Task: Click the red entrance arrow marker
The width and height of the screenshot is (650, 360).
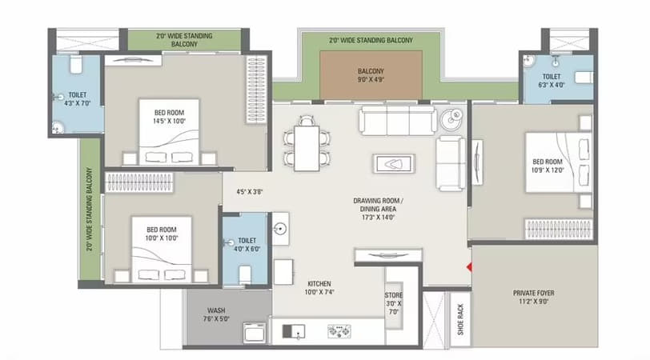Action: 469,267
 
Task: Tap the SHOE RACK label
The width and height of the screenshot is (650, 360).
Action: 460,319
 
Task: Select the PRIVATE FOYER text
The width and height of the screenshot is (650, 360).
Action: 533,293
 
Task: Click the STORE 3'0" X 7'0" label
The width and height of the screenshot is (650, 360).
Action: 393,303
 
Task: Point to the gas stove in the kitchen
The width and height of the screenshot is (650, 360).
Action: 339,331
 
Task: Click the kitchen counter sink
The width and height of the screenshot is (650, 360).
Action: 294,331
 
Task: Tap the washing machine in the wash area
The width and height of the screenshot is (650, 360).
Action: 254,333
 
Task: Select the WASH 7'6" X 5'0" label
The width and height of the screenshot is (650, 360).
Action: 216,314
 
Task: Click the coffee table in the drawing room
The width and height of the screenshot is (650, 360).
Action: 394,164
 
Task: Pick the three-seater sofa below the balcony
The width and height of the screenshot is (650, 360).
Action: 398,121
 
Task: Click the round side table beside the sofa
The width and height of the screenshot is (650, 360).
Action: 451,119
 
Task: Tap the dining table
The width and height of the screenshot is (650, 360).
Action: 307,148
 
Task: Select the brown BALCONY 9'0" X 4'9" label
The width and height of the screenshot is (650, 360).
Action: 371,75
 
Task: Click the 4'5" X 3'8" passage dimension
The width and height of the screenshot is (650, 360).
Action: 250,192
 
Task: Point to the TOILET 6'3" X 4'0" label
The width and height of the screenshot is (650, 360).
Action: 552,81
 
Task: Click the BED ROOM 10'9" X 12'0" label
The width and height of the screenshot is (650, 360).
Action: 548,166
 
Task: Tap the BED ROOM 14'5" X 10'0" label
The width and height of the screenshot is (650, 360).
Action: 169,117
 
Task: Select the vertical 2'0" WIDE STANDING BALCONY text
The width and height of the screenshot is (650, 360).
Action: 90,209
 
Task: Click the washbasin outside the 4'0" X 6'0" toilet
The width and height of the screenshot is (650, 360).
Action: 281,228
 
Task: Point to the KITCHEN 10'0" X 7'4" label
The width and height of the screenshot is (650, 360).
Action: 319,287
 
